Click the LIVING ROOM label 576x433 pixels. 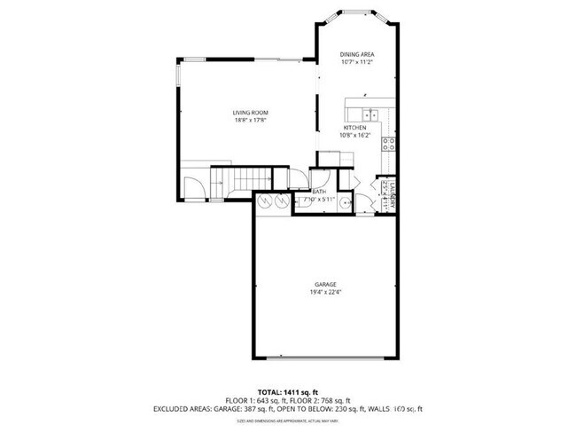pyautogui.click(x=251, y=113)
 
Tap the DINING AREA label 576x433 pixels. pyautogui.click(x=357, y=55)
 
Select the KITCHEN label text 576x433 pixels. pyautogui.click(x=355, y=128)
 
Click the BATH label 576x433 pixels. pyautogui.click(x=319, y=193)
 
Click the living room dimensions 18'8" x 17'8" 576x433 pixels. pyautogui.click(x=251, y=122)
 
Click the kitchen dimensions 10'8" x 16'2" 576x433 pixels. pyautogui.click(x=355, y=136)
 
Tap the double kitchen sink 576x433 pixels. pyautogui.click(x=370, y=114)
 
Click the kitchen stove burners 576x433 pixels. pyautogui.click(x=388, y=145)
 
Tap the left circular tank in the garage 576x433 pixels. pyautogui.click(x=264, y=202)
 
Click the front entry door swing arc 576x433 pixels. pyautogui.click(x=195, y=185)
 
